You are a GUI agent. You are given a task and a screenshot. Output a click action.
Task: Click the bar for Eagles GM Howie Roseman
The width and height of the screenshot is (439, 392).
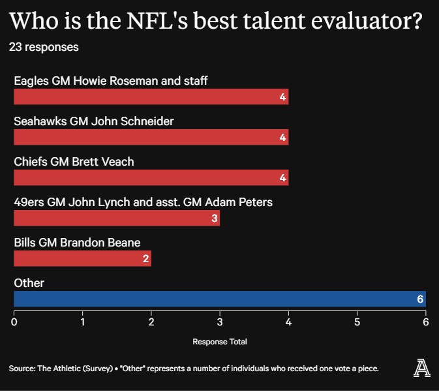tap(151, 97)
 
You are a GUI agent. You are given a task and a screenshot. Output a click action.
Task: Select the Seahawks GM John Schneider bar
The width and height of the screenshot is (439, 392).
tap(151, 137)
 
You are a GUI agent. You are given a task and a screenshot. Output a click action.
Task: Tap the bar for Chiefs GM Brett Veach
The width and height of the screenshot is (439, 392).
tap(151, 177)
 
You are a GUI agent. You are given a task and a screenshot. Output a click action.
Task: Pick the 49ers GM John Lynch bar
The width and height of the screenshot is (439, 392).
tap(117, 218)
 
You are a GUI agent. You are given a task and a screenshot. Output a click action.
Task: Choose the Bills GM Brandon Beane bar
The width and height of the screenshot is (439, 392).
tap(83, 258)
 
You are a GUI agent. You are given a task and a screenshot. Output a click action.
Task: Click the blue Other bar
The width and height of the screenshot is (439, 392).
tap(220, 299)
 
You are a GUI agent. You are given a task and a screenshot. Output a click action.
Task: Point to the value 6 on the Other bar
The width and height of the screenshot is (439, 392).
tap(420, 299)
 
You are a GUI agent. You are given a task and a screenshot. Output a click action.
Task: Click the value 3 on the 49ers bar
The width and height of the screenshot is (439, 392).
tap(215, 219)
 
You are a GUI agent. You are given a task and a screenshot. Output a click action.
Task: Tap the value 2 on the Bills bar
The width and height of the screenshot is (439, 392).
tap(146, 259)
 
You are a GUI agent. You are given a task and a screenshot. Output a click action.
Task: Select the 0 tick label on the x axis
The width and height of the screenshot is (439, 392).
tap(14, 322)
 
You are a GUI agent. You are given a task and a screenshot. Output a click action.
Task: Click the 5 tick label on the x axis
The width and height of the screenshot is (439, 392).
tap(357, 322)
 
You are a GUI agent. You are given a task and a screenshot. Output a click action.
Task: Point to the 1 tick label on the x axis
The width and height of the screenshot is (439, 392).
tap(83, 322)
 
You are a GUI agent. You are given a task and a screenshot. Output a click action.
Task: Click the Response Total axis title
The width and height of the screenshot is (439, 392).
tap(220, 342)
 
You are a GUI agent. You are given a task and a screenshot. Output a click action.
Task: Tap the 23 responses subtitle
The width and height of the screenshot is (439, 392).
tap(44, 47)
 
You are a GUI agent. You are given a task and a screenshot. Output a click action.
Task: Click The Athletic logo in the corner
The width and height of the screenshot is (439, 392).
tap(421, 368)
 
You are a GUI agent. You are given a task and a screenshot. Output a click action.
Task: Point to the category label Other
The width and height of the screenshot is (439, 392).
tap(29, 283)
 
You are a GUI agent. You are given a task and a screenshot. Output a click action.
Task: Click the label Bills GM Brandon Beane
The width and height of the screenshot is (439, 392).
tap(77, 243)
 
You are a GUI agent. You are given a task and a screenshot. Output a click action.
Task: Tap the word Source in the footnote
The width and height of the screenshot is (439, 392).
tap(22, 369)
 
